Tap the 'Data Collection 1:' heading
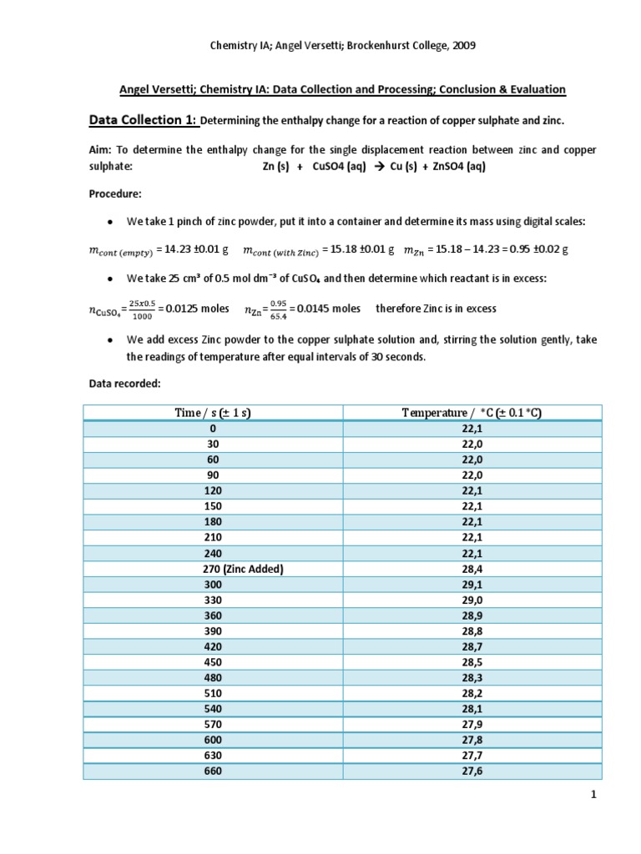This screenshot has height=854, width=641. [142, 120]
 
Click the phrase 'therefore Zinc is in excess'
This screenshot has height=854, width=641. [436, 309]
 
